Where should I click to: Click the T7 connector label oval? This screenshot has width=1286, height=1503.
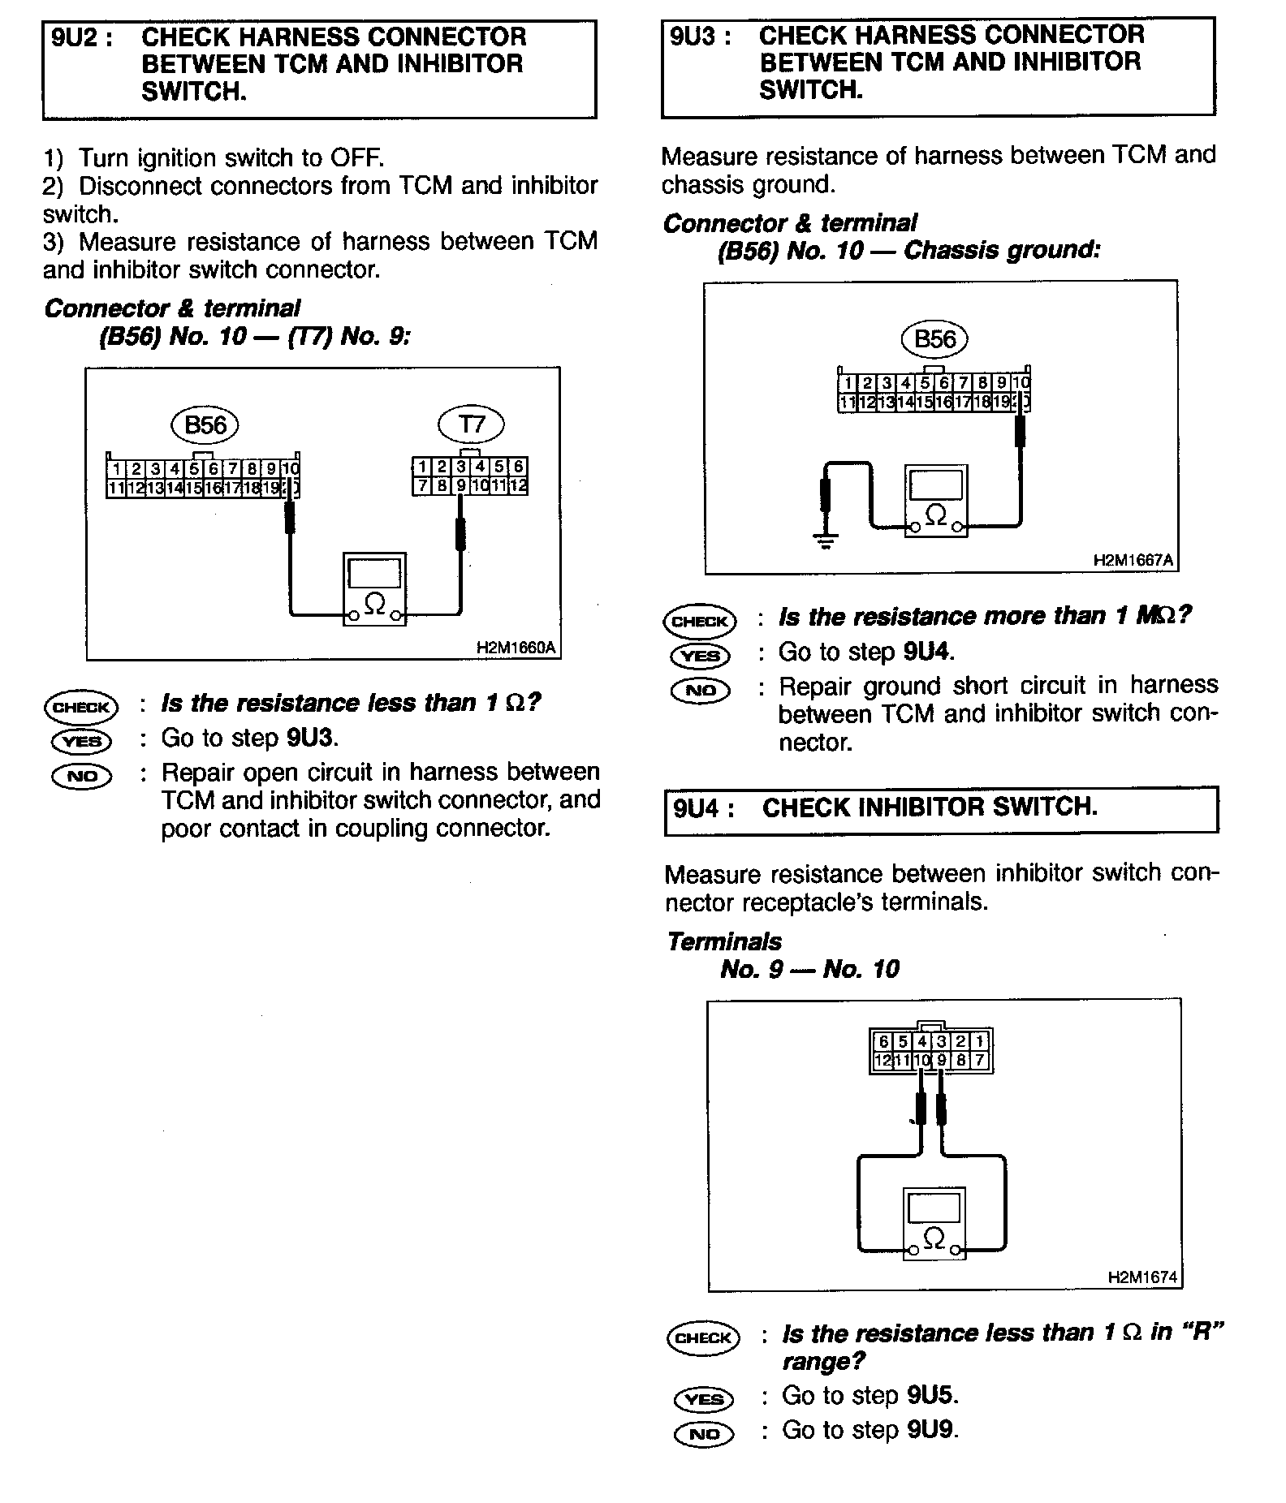tap(471, 424)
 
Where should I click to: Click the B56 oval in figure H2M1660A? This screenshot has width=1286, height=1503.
tap(205, 425)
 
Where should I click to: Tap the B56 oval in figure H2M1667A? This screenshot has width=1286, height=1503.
tap(934, 339)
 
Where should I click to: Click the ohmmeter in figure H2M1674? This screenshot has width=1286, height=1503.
tap(934, 1224)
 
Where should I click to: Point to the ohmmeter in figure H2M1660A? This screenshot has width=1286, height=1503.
tap(374, 589)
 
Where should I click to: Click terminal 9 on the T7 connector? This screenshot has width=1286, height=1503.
tap(460, 486)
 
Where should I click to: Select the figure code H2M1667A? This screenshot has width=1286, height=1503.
tap(1133, 561)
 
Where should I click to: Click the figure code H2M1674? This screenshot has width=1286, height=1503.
tap(1142, 1277)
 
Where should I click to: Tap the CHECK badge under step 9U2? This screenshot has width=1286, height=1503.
tap(81, 707)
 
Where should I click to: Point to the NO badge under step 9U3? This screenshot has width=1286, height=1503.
tap(701, 690)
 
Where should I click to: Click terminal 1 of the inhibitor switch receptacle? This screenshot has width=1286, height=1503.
tap(980, 1041)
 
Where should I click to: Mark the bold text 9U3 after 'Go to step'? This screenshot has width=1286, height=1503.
tap(312, 738)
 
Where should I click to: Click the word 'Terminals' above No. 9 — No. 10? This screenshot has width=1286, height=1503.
tap(723, 941)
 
